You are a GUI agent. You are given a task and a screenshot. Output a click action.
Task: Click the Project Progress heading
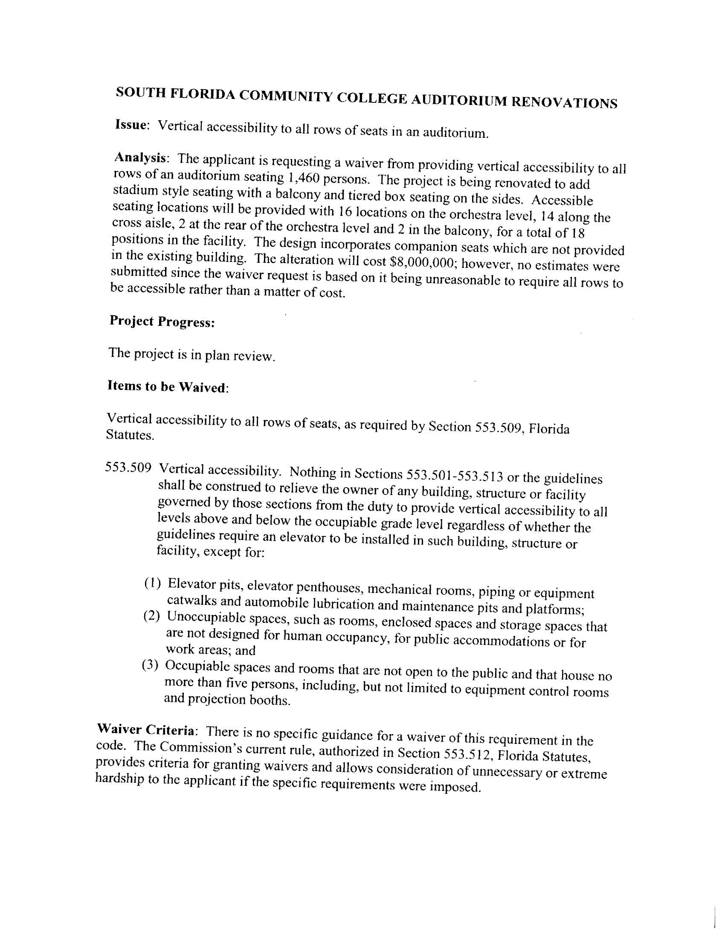point(162,321)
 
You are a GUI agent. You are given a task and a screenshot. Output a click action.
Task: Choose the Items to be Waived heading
point(167,386)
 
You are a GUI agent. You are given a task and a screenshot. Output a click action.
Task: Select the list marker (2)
point(152,617)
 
